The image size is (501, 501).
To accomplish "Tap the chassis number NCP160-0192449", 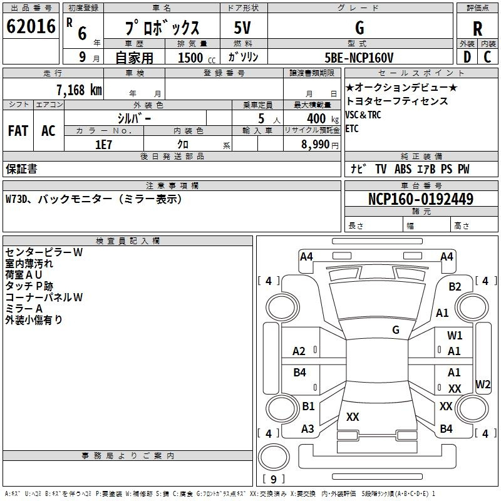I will (420, 199).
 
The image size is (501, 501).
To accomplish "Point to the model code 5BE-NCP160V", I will (359, 58).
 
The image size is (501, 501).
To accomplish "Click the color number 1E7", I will (103, 144).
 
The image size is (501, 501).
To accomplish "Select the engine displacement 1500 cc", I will (191, 58).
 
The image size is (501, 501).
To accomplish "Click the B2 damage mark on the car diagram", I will (455, 287).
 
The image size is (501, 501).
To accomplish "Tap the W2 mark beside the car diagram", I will (483, 384).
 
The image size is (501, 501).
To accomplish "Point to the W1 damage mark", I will (455, 336).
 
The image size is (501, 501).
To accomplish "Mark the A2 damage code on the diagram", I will (299, 351).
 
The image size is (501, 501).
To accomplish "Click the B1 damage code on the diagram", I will (308, 406).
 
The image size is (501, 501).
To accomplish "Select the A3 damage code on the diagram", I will (307, 429).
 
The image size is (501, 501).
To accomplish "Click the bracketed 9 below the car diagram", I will (273, 479).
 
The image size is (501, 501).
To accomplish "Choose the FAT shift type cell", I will (18, 130).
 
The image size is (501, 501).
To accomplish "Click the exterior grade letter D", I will (467, 58).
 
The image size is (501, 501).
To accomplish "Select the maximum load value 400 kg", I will (316, 118).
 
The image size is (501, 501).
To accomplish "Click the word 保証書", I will (21, 168).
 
